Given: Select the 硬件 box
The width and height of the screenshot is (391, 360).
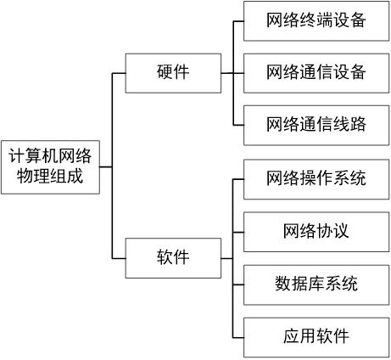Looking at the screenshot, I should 173,73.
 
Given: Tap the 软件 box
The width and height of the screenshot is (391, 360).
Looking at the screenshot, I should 173,258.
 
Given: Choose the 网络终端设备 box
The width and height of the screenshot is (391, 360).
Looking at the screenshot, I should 316,21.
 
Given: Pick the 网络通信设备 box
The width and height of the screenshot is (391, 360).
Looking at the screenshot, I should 316,73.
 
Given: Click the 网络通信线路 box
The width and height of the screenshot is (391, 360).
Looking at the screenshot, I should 316,124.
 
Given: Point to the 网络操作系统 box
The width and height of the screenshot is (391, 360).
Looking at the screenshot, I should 316,179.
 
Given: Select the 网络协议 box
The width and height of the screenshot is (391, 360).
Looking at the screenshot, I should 316,231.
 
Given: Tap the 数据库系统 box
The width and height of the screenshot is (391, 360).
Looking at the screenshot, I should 316,283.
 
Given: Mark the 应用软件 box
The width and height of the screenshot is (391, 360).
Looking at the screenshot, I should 316,335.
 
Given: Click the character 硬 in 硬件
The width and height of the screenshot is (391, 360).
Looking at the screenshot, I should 165,73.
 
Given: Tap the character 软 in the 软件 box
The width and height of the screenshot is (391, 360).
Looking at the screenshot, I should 165,258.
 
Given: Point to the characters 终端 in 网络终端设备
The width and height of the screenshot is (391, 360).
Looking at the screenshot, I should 316,21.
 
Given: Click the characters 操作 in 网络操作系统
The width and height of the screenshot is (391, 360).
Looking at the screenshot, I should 316,179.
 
